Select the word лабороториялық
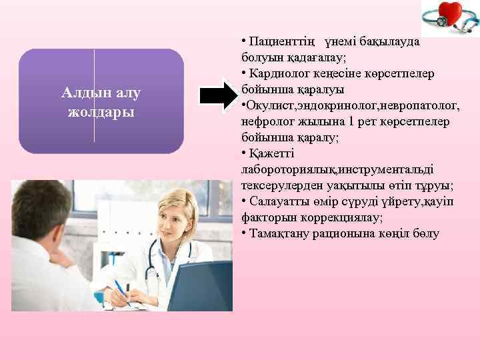click(x=283, y=169)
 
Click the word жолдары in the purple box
click(x=101, y=111)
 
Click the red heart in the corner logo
click(x=454, y=15)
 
